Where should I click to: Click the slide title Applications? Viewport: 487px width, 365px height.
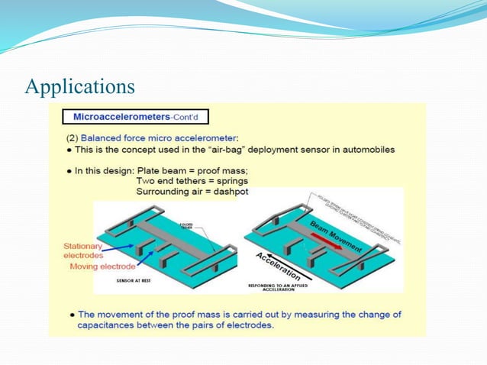pos(80,86)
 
